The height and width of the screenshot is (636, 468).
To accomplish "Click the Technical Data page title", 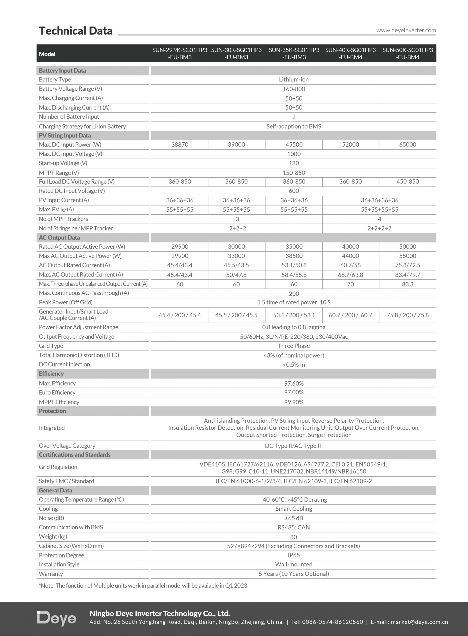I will [x=76, y=31].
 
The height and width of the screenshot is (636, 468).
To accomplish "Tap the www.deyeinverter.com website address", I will [x=406, y=30].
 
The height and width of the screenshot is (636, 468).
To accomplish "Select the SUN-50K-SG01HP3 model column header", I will [x=407, y=53].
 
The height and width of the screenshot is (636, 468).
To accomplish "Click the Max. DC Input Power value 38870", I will [x=180, y=145].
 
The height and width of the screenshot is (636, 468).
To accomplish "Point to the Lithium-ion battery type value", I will [x=294, y=80].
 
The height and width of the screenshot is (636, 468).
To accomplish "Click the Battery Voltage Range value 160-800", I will [x=294, y=89].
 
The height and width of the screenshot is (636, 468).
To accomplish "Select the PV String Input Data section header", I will [x=65, y=136].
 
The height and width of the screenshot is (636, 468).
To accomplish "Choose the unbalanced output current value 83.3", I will [x=407, y=284].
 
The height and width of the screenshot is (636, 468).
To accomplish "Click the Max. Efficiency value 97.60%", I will [x=294, y=384].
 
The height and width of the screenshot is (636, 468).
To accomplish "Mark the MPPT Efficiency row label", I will [x=59, y=402].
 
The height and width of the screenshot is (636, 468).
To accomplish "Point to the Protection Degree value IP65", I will [x=294, y=555].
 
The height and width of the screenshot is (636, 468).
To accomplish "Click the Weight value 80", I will [x=294, y=537].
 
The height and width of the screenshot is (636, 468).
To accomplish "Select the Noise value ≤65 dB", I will [x=294, y=518].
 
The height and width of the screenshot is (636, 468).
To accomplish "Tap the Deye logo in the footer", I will [x=56, y=618].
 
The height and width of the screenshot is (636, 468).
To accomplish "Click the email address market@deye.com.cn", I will [x=419, y=622].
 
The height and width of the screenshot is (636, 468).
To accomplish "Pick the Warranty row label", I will [x=51, y=574].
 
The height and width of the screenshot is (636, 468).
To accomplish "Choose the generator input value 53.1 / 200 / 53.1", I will [x=294, y=315].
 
